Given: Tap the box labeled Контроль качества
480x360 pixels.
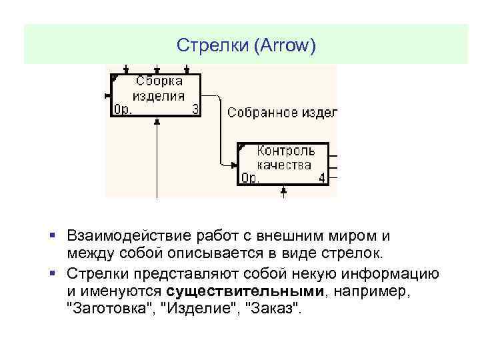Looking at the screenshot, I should click(283, 163).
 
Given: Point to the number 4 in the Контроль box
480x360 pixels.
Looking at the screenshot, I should click(322, 178).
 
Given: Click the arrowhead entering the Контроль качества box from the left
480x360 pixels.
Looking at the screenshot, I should click(234, 164).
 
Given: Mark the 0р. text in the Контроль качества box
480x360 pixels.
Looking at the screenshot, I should click(249, 178).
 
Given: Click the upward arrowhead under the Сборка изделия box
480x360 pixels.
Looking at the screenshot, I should click(157, 122).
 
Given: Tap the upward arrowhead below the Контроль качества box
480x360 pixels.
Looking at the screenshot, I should click(284, 190).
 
